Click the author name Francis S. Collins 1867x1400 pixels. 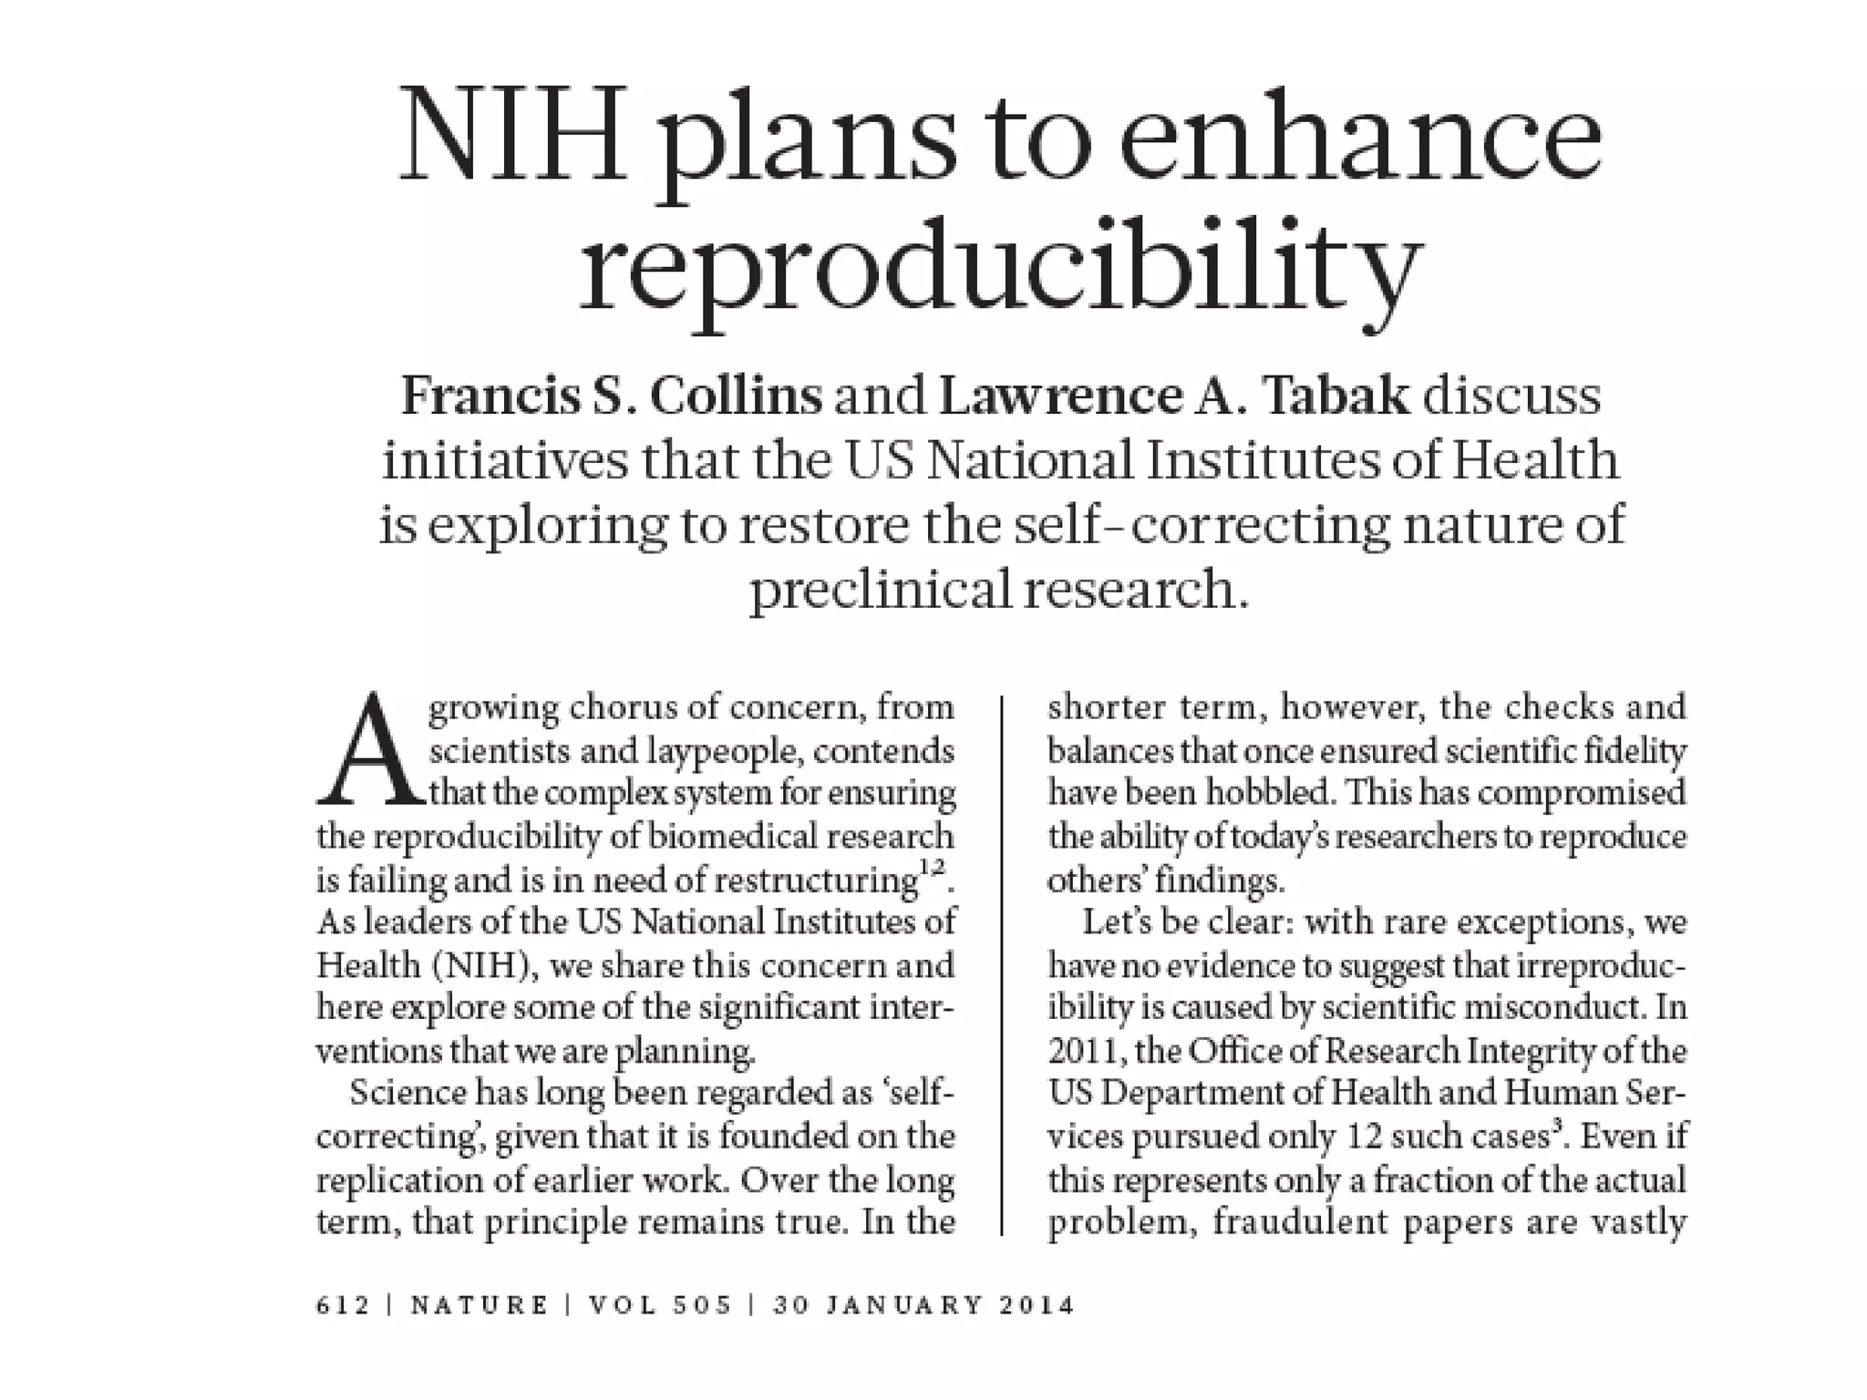tap(612, 397)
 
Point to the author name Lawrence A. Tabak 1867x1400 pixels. tap(1174, 397)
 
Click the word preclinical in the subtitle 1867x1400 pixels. tap(881, 590)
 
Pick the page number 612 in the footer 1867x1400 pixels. tap(343, 1305)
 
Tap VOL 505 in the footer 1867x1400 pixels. tap(660, 1305)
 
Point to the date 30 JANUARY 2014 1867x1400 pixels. tap(924, 1305)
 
